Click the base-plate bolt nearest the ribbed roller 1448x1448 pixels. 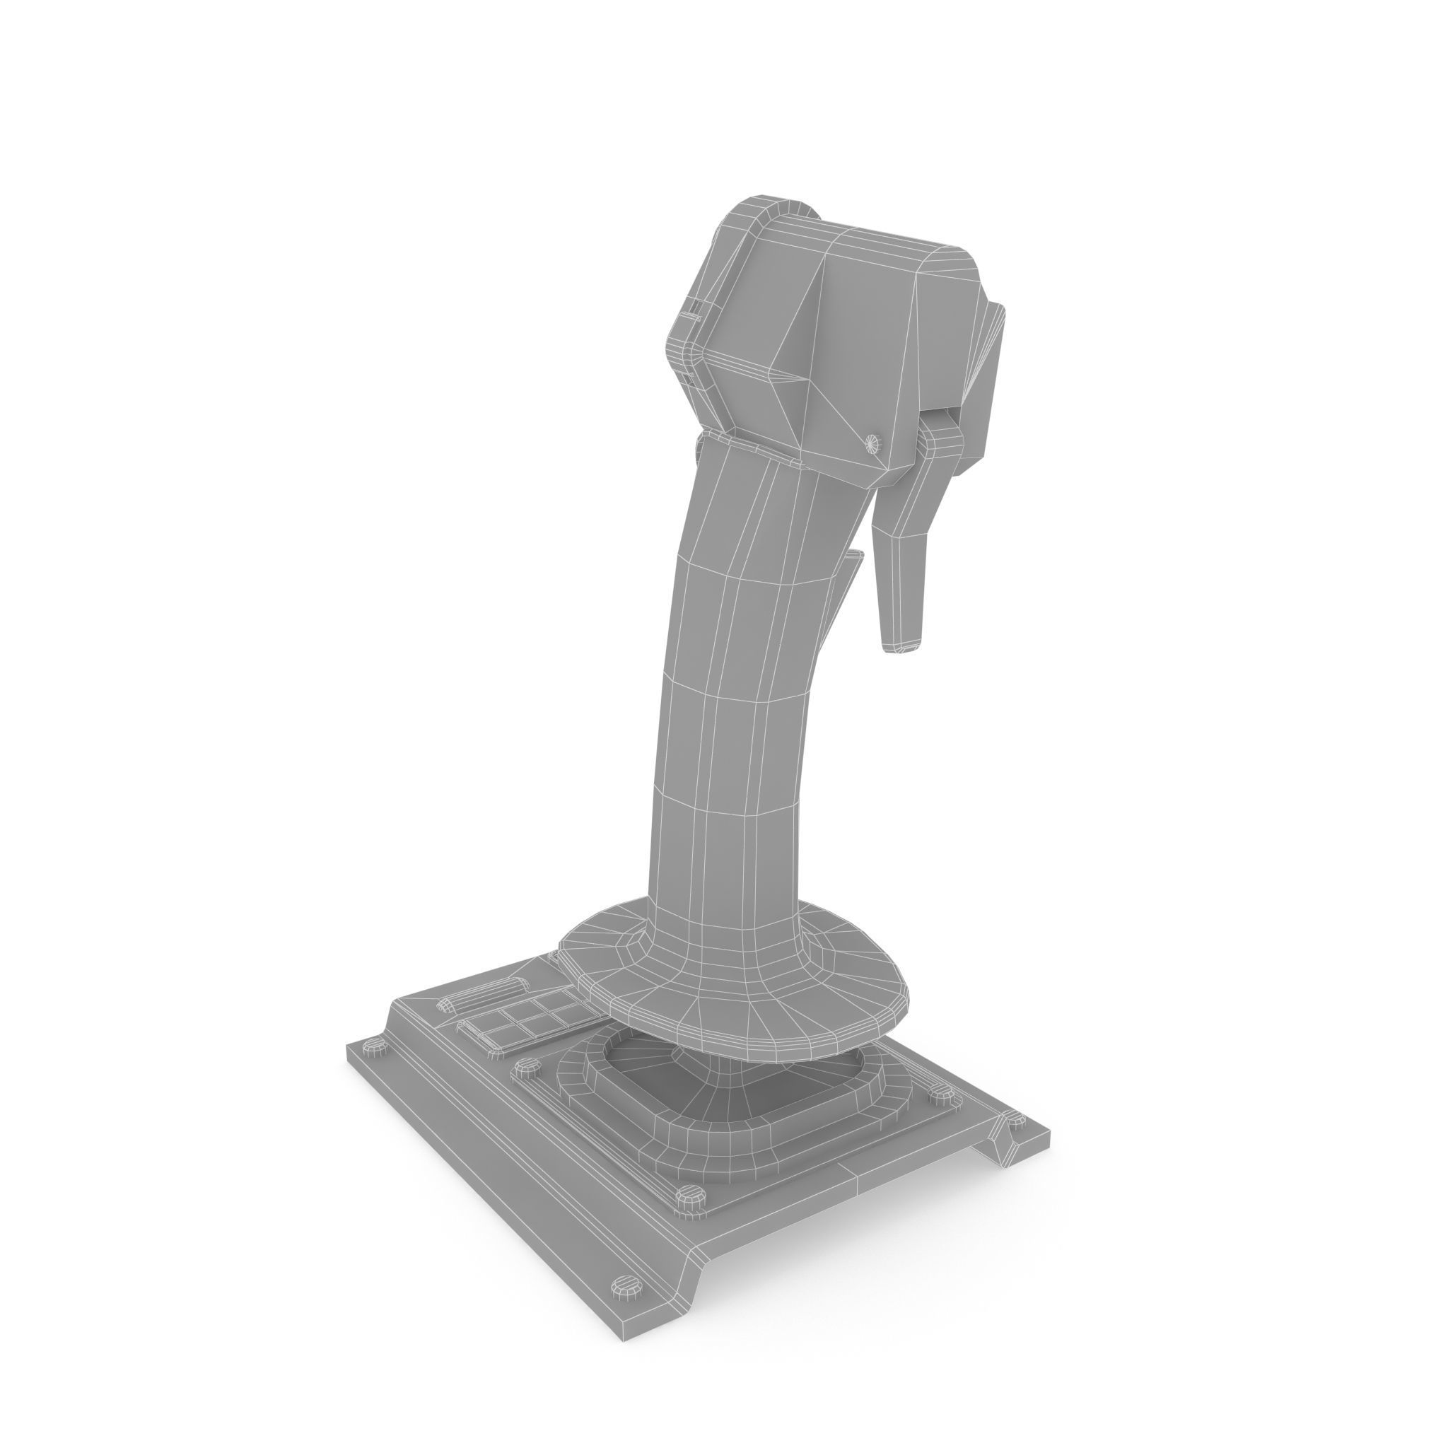click(x=375, y=1047)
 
